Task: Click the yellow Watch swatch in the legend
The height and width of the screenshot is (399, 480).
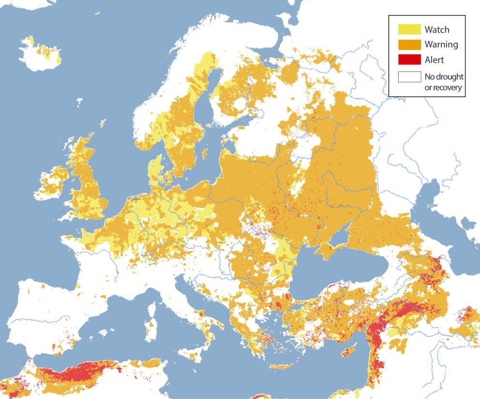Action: click(x=409, y=29)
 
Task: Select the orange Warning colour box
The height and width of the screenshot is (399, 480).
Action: click(x=409, y=45)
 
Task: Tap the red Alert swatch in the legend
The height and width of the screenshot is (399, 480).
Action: click(x=409, y=60)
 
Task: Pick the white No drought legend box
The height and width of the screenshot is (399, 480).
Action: click(x=409, y=77)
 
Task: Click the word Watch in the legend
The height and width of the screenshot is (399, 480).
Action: click(x=437, y=29)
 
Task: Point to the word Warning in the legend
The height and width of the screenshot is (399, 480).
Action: click(x=441, y=45)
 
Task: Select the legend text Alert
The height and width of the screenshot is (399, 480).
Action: click(x=434, y=60)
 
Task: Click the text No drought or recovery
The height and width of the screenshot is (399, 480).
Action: click(x=444, y=82)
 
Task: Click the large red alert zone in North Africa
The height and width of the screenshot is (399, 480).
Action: click(x=80, y=373)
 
